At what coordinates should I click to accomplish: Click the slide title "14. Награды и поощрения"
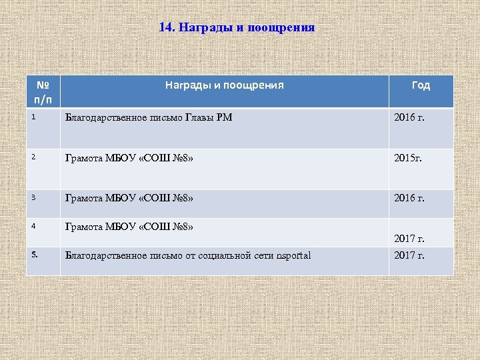tap(237, 28)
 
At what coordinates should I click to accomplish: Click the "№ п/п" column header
tap(43, 92)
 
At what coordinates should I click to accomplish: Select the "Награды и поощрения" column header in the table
tap(225, 85)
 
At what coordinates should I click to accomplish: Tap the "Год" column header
tap(421, 85)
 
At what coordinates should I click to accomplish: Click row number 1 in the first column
tap(32, 117)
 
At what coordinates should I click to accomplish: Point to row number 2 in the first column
tap(32, 158)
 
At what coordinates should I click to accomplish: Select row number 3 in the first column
tap(32, 198)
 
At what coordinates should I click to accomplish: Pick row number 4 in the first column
tap(32, 227)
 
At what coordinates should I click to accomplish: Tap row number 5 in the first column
tap(33, 254)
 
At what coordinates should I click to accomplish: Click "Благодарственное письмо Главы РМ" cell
tap(148, 118)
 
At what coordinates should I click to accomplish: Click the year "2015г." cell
tap(408, 159)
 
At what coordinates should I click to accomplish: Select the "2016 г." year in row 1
tap(409, 118)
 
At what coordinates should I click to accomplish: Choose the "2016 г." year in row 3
tap(409, 198)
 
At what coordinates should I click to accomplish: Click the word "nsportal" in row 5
tap(293, 255)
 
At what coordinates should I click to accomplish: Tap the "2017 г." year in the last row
tap(409, 255)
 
